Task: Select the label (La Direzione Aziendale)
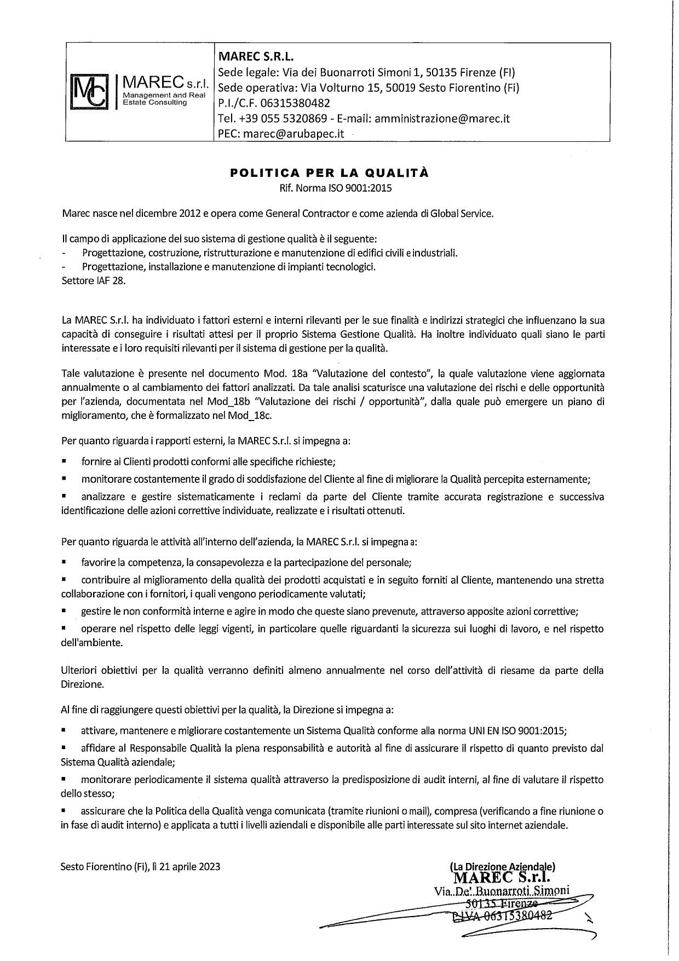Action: coord(502,866)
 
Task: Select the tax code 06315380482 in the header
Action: coord(298,103)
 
